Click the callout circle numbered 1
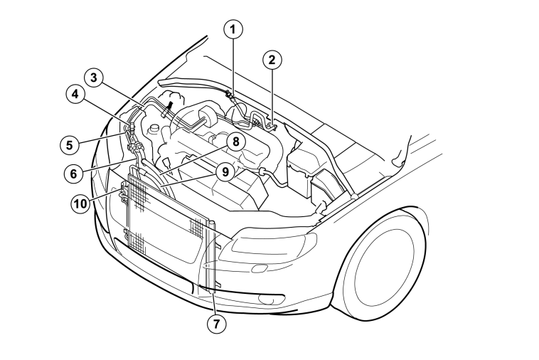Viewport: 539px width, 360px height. click(233, 30)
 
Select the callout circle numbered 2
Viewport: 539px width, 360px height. click(272, 60)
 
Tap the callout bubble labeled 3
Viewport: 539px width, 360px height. click(94, 78)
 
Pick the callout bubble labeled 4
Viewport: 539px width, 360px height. click(75, 94)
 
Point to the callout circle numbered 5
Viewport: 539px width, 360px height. click(70, 144)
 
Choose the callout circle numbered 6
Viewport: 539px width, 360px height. click(74, 174)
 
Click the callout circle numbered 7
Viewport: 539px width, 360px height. click(217, 324)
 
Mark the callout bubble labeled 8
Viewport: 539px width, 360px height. click(235, 142)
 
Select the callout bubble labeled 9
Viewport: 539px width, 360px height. click(225, 171)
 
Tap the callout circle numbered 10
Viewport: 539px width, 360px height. click(80, 203)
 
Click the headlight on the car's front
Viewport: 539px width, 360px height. click(268, 244)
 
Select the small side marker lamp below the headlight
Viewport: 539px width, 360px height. click(260, 268)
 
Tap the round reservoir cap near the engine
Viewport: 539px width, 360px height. click(154, 130)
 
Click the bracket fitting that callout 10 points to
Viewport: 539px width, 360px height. click(124, 192)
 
